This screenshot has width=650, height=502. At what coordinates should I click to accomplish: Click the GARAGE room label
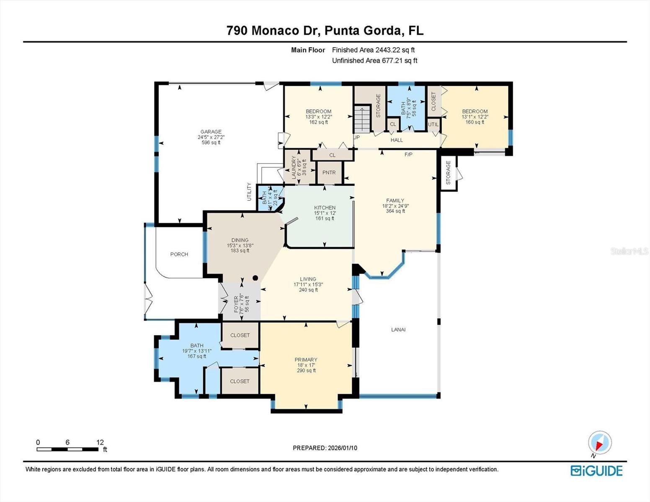211,132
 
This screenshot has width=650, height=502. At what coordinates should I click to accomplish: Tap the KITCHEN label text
325,207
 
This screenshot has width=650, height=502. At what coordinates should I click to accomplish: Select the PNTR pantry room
329,172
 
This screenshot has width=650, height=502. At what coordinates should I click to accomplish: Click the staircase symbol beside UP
363,119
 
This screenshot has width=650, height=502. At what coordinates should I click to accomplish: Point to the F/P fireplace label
408,154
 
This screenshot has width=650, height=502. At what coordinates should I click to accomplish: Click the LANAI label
398,330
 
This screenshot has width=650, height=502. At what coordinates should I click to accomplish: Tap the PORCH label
179,254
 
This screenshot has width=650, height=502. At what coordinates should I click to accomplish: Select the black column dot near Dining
255,278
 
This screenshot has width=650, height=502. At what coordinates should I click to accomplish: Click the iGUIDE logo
596,471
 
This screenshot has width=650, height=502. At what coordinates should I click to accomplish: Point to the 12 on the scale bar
100,442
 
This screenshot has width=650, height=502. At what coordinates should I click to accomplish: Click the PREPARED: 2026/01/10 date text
325,448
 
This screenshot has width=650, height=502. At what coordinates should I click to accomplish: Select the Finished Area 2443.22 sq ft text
373,50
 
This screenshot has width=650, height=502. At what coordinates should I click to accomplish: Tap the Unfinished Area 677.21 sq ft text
374,61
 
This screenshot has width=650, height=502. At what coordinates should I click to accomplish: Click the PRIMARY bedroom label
306,360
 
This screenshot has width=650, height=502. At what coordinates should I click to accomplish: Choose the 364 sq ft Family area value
395,211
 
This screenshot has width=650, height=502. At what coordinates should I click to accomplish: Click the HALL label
397,140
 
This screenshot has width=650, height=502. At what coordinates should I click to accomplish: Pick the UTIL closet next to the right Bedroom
433,125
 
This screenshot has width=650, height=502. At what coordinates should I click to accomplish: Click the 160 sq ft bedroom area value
475,122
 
